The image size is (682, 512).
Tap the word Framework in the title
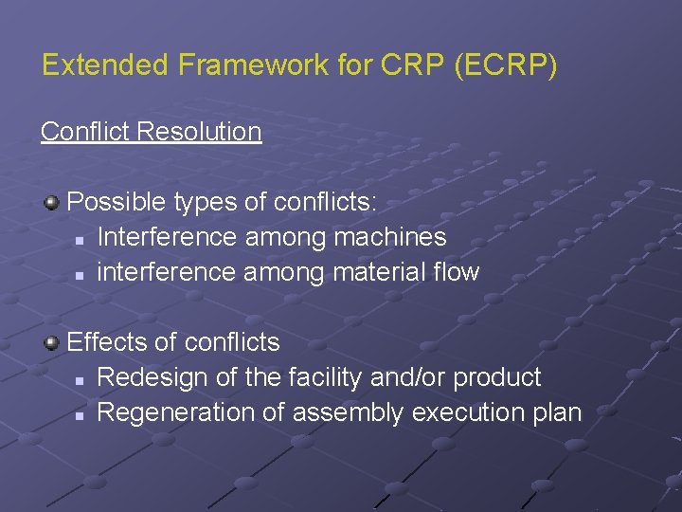click(x=229, y=65)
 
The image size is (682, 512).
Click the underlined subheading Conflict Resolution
click(x=151, y=131)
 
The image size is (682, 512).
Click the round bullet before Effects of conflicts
click(x=51, y=341)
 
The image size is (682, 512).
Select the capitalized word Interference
click(x=168, y=236)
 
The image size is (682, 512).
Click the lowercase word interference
click(x=167, y=272)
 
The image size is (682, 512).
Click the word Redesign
click(x=153, y=376)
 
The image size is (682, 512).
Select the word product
click(x=497, y=376)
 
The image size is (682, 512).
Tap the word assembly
click(x=336, y=412)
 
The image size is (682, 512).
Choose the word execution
click(x=452, y=412)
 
